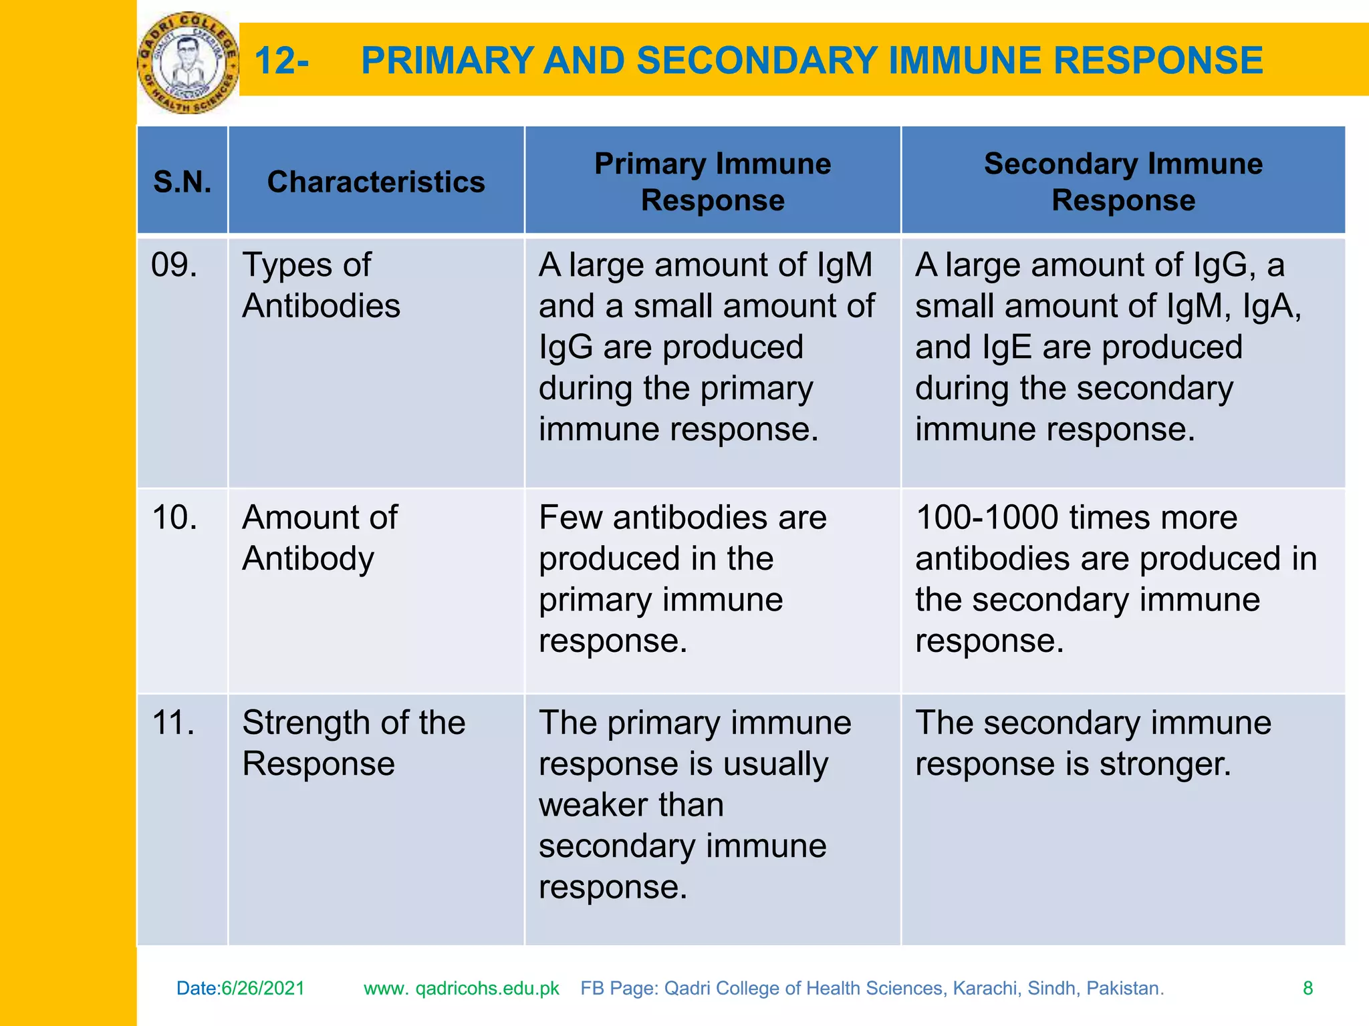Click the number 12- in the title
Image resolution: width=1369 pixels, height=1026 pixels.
[281, 61]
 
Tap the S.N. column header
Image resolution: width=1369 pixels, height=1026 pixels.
[182, 182]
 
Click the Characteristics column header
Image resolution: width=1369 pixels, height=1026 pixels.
[376, 182]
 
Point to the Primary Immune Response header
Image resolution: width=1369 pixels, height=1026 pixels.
[713, 182]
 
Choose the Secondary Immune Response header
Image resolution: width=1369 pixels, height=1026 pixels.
[1123, 182]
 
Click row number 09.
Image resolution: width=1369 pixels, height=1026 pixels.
[174, 265]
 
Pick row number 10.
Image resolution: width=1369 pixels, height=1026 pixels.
[174, 518]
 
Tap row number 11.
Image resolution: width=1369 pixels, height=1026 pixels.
[173, 723]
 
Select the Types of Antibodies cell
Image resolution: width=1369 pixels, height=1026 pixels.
[321, 285]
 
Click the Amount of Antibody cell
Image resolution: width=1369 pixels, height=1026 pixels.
[320, 538]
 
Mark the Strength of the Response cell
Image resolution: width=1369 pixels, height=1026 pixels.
[353, 743]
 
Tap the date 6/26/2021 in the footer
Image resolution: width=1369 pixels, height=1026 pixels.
[263, 988]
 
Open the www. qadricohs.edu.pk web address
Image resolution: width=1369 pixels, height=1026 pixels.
[461, 988]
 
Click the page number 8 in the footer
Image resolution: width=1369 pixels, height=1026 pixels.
[1308, 988]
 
